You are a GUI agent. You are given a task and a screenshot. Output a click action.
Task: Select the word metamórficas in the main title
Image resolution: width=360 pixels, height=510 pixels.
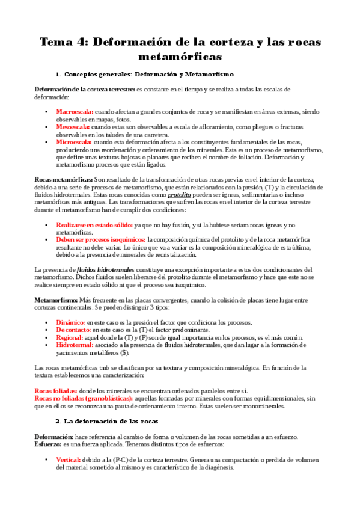(180, 57)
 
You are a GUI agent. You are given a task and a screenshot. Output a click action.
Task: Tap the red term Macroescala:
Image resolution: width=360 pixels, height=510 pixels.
(75, 112)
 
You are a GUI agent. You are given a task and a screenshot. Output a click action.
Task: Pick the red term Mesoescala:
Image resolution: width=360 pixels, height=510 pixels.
(73, 127)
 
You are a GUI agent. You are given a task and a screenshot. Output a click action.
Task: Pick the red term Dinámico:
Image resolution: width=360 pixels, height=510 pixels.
(70, 322)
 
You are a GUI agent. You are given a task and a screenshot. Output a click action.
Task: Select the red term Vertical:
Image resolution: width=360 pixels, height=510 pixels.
(69, 459)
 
